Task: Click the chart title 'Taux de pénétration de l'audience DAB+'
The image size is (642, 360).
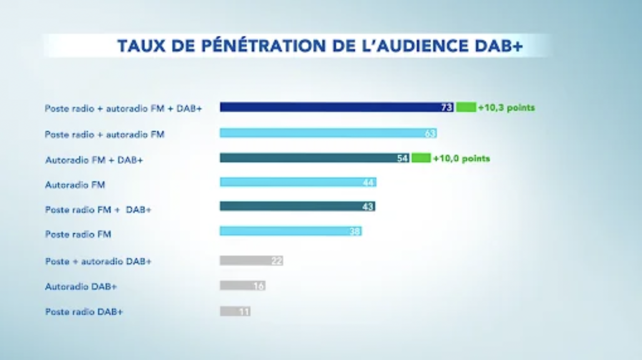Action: click(320, 46)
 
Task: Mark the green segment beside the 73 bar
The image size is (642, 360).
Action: click(466, 107)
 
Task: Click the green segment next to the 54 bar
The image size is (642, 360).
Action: click(421, 158)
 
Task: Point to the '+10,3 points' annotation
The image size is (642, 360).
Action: click(506, 108)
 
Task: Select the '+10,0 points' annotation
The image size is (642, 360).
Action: click(461, 159)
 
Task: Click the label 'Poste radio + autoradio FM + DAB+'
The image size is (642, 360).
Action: click(123, 109)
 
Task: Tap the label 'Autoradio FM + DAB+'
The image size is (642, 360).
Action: click(94, 160)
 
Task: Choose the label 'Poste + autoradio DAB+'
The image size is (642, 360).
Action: click(98, 261)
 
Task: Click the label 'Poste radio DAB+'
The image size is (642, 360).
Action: click(84, 312)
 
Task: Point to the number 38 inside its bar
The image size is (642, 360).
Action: click(355, 231)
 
